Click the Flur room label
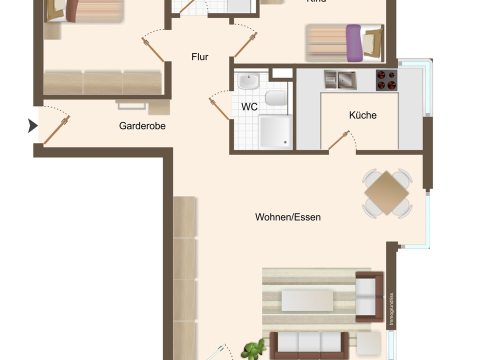[199, 57]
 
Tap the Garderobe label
[142, 126]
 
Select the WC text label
[249, 107]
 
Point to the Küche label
[363, 115]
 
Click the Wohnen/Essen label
[288, 217]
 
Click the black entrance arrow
[32, 126]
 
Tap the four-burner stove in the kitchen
[386, 80]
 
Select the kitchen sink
[340, 79]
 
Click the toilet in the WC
[275, 98]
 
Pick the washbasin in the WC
[248, 81]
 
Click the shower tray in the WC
[275, 132]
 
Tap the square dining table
[387, 193]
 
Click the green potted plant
[255, 350]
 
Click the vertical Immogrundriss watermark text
[392, 309]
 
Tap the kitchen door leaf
[338, 140]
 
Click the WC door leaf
[219, 109]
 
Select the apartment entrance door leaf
[56, 130]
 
